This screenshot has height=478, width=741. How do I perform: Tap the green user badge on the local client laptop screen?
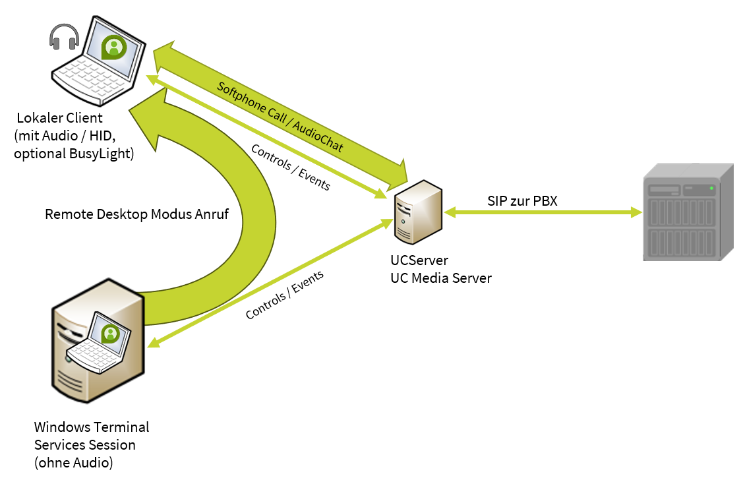point(114,47)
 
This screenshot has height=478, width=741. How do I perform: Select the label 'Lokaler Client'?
point(60,119)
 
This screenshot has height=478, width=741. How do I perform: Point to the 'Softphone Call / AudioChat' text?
point(280,117)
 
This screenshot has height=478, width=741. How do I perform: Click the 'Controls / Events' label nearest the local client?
point(290,167)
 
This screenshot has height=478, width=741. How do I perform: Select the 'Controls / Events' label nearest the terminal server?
point(285,295)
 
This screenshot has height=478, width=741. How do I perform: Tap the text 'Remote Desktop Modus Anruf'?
point(136,214)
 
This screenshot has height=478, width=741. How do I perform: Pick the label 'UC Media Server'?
point(440,278)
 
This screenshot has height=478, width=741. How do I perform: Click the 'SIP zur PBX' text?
point(522,201)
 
